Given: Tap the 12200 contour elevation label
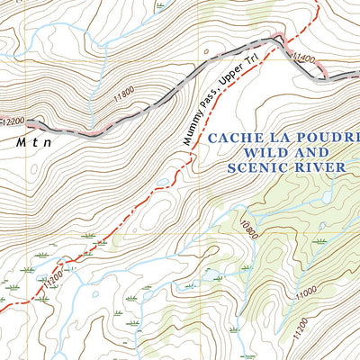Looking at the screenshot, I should pyautogui.click(x=13, y=121).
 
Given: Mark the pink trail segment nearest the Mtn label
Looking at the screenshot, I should pyautogui.click(x=90, y=132).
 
